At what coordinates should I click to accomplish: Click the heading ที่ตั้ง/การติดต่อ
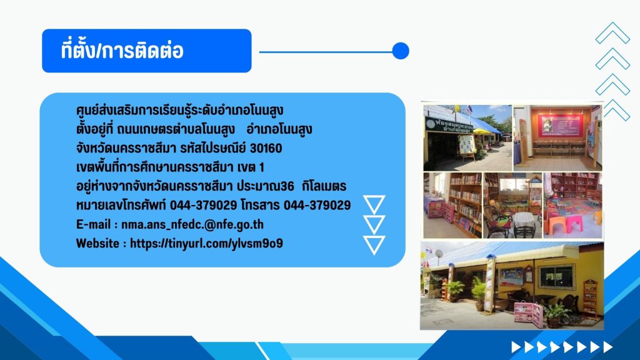pos(122,51)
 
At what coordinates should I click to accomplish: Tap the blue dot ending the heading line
pos(401,51)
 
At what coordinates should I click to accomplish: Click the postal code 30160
pos(266,148)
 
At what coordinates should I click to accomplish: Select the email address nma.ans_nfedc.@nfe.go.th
pos(192,224)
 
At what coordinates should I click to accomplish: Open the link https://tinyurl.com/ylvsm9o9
pos(206,243)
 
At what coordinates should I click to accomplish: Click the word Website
pos(98,243)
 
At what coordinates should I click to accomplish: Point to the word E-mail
pos(94,224)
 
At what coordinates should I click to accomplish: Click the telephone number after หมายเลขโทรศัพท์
pos(203,205)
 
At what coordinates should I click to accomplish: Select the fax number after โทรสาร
pos(317,205)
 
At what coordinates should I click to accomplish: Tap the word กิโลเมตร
pos(324,186)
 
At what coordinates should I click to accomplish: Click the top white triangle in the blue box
pos(374,204)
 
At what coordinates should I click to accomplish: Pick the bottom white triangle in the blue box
pos(374,245)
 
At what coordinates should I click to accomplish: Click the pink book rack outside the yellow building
pos(528,314)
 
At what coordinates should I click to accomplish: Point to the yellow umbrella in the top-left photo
pos(482,131)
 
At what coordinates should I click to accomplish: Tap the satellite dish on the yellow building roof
pos(439,254)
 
